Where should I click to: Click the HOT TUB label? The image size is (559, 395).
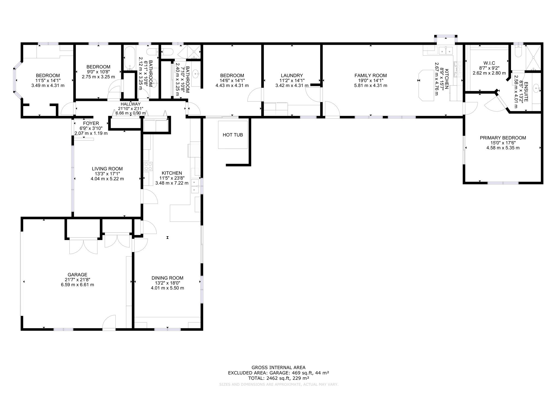pos(233,135)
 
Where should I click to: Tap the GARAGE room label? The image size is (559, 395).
pos(78,275)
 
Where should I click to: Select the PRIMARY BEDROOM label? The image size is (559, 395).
pos(503,138)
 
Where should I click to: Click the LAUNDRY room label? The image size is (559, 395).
pos(292,76)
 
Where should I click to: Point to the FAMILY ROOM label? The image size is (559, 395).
pos(370,76)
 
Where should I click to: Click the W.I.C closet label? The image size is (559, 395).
pos(489,63)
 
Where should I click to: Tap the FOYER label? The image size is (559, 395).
pos(91,124)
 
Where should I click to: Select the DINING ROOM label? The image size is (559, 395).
pos(167,278)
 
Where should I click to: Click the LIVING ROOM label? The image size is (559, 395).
pos(107,169)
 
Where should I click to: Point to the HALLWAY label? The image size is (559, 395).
pos(131,104)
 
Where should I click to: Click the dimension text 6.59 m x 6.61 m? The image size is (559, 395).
pos(78,285)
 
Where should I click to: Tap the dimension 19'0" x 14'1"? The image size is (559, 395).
pos(370,80)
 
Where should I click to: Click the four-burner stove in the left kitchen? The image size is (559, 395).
pos(148,166)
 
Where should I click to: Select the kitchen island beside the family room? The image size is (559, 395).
pos(426,85)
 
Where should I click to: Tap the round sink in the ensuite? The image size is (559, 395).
pos(536,88)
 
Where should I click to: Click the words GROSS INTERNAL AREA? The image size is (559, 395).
pos(278,367)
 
